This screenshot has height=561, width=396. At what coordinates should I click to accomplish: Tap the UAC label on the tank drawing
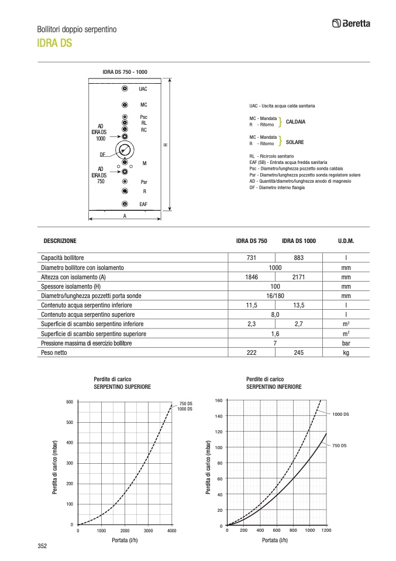coord(143,89)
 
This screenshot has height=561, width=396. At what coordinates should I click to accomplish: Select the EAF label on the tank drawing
coord(143,204)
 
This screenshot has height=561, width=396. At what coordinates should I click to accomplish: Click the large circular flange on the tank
coord(125,150)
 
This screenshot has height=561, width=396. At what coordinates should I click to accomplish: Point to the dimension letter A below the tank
coord(125,216)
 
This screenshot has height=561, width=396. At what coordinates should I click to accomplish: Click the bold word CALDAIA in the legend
coord(295,122)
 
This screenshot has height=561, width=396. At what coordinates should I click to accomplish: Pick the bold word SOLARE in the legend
coord(294,142)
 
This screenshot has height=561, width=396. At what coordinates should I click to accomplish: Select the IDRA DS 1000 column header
coord(298,241)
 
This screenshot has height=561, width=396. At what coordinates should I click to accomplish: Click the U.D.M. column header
coord(346,241)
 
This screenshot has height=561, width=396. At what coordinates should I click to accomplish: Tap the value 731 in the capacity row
coord(252,258)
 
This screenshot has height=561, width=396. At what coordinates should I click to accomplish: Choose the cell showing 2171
coord(298,277)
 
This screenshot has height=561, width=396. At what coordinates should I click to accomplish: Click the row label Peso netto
coord(55,353)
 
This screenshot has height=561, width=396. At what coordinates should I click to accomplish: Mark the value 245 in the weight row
coord(298,353)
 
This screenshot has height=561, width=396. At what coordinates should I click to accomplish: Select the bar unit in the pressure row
coord(346,343)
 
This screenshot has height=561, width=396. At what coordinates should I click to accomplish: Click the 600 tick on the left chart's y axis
coord(69,402)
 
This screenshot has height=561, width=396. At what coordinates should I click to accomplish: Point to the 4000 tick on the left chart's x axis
coord(171,531)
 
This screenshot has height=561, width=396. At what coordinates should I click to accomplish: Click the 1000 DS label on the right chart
coord(340,414)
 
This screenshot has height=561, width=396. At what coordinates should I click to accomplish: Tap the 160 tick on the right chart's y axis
coord(219,400)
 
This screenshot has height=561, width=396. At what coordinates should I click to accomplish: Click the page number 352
coord(42,546)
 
